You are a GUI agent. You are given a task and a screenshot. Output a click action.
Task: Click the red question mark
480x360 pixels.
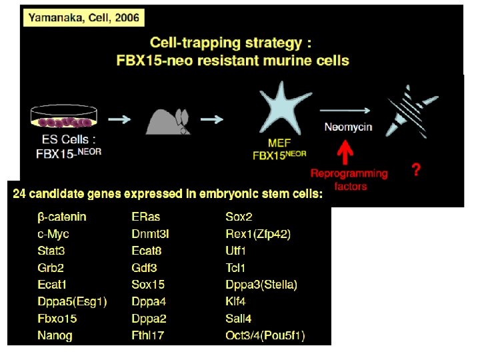click(416, 171)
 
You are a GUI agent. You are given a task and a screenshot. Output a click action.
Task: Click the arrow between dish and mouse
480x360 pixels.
click(121, 119)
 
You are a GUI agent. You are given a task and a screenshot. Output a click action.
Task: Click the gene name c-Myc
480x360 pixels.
click(53, 234)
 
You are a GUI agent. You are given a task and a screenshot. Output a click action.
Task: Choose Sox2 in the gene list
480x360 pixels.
click(239, 217)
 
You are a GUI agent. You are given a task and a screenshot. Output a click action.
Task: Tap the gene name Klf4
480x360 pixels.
click(236, 302)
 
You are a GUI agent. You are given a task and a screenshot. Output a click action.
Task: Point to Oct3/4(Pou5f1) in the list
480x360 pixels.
click(265, 336)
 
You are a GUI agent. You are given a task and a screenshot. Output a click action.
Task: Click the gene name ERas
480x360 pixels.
click(146, 217)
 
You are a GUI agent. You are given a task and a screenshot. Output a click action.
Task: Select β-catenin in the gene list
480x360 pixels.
click(62, 217)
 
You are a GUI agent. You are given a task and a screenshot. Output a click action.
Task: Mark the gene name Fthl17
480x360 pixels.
click(148, 336)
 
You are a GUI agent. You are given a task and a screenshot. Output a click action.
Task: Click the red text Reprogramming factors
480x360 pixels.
click(349, 179)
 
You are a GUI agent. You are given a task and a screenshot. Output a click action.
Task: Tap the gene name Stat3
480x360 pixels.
click(52, 251)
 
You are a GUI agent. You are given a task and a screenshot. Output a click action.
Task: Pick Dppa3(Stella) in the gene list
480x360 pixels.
click(261, 285)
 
